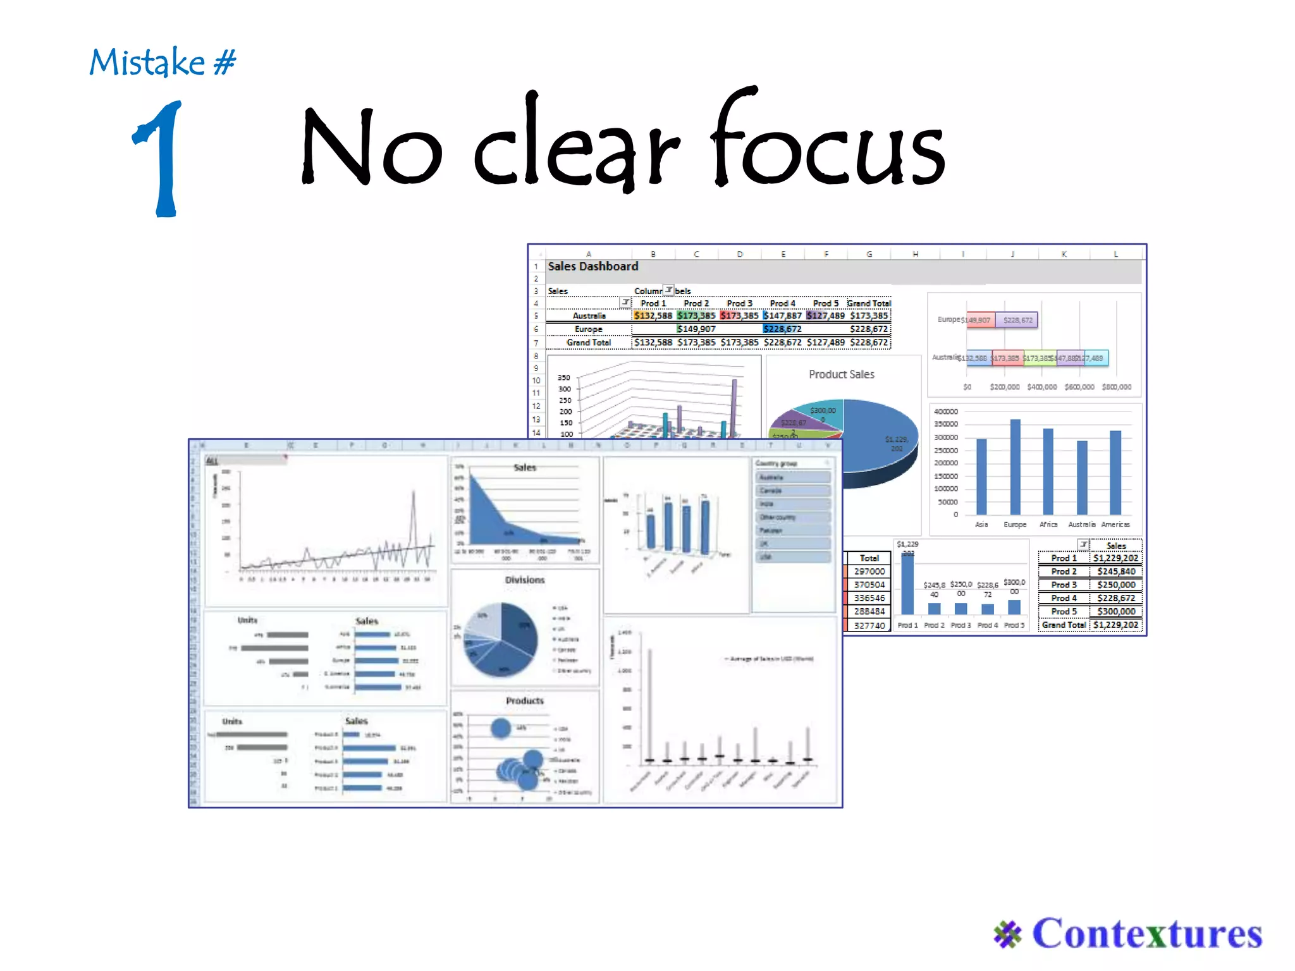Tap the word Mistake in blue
tap(147, 63)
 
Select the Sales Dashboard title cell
tap(592, 267)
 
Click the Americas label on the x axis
tap(1115, 525)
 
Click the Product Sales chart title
tap(841, 374)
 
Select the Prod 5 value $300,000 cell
tap(1116, 611)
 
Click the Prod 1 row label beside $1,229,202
tap(1064, 558)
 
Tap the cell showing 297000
tap(869, 571)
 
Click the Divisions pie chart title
tap(524, 580)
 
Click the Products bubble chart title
tap(524, 700)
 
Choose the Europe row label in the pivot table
tap(588, 329)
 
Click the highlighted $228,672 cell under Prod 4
tap(782, 329)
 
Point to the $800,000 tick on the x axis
tap(1116, 387)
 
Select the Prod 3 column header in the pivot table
tap(739, 303)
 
